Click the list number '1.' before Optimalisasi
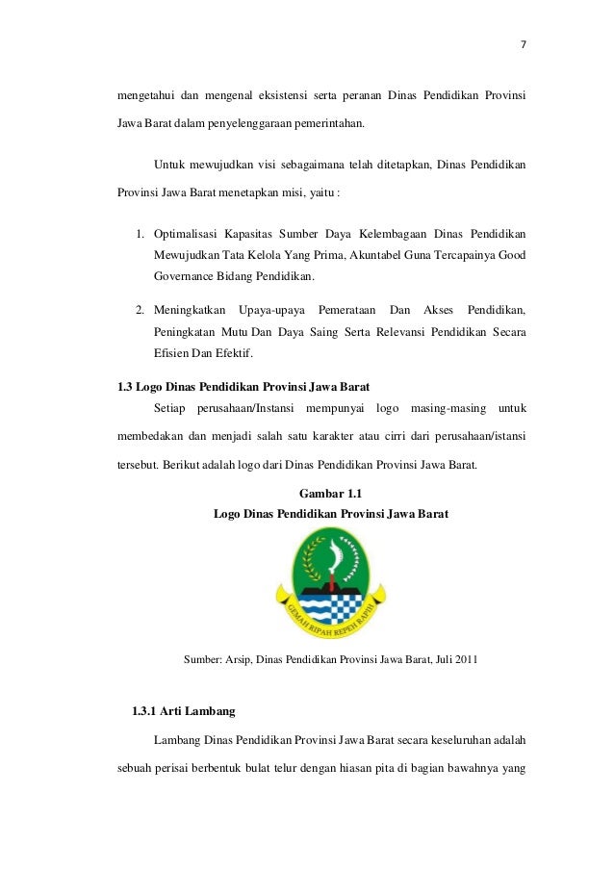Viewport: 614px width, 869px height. point(140,234)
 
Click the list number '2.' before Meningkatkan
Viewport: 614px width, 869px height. point(140,309)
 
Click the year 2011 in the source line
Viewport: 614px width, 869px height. point(464,659)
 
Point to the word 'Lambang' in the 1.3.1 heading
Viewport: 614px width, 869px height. point(209,713)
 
